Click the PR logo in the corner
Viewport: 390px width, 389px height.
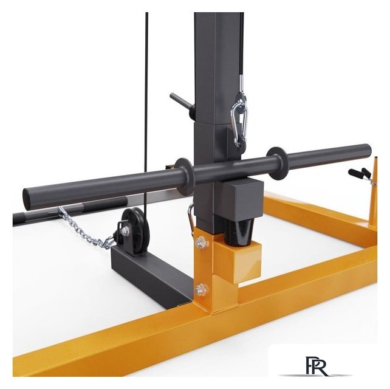(x=316, y=367)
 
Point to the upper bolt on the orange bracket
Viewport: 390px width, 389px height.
(x=201, y=241)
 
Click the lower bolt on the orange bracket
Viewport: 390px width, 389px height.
(x=200, y=290)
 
